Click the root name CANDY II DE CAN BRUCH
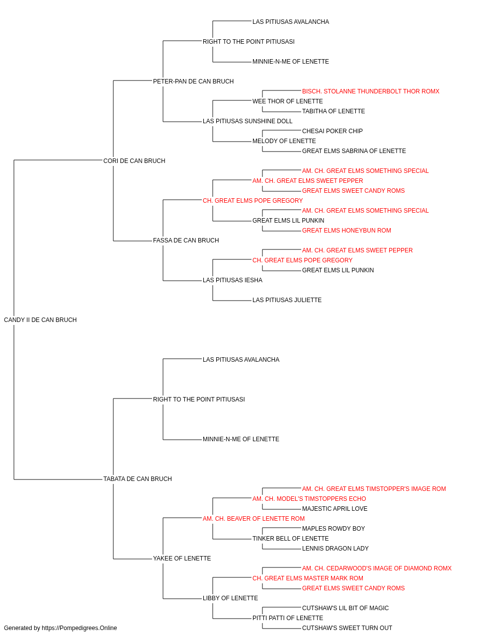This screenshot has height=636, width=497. pos(40,320)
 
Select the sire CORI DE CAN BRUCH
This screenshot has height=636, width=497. pos(134,160)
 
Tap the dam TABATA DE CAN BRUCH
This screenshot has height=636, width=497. pos(138,479)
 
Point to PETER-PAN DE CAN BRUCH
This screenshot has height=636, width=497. pos(193,81)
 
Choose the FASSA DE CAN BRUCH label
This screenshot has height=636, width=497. pos(186,240)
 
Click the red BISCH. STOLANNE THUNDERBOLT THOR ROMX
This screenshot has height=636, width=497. pos(371,91)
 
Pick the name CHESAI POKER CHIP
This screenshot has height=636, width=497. pos(332,131)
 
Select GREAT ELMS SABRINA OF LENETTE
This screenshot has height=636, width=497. pos(354,151)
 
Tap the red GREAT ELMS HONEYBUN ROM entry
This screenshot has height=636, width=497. pos(346,231)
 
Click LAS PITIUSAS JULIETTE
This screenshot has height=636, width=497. pos(287,300)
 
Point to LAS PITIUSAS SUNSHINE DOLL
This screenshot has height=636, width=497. pos(248,121)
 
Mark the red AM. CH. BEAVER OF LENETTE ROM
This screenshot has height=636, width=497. pos(253,519)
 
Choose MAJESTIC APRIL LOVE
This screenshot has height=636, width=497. pos(334,509)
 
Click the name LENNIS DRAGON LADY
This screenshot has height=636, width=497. pos(335,549)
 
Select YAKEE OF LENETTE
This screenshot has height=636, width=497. pos(182,558)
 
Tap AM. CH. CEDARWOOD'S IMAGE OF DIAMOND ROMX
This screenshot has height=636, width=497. pos(377,568)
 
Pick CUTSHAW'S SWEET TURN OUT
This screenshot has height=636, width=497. pos(347,628)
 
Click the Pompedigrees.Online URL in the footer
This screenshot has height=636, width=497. pos(79,628)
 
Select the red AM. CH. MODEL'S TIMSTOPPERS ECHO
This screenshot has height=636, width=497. pos(309,499)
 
